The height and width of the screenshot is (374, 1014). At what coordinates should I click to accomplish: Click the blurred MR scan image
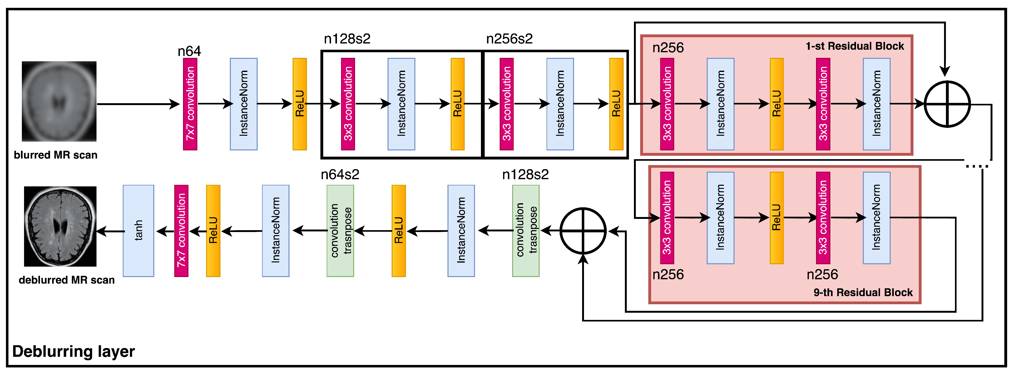[x=59, y=101]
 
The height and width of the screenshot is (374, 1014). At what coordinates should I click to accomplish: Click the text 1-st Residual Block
[x=855, y=46]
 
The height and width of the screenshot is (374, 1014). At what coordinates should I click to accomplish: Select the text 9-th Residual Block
[x=863, y=292]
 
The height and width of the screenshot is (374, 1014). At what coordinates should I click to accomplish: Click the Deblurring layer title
[x=74, y=351]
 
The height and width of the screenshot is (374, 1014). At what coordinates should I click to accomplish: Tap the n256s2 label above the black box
[x=509, y=39]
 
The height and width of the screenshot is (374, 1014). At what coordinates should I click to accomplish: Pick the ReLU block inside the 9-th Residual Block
[x=776, y=218]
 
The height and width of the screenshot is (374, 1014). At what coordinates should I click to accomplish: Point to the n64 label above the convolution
[x=189, y=51]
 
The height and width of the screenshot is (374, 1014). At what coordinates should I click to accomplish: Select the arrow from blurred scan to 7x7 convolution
[x=138, y=104]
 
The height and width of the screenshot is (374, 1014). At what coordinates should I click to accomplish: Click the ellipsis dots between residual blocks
[x=977, y=166]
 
